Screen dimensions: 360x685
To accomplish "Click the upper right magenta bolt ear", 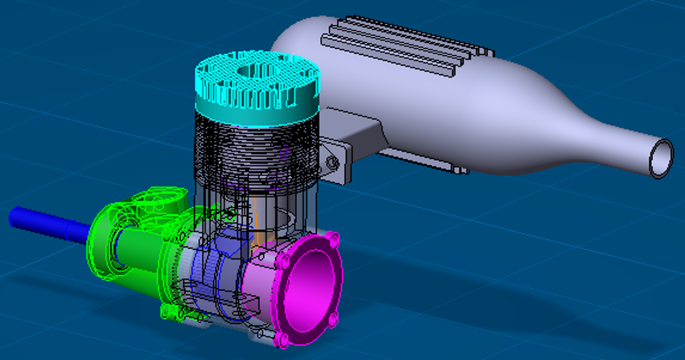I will (x=333, y=238).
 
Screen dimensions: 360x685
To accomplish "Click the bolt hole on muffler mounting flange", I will (x=332, y=162).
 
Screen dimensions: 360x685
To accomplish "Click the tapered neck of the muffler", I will (x=589, y=136).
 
